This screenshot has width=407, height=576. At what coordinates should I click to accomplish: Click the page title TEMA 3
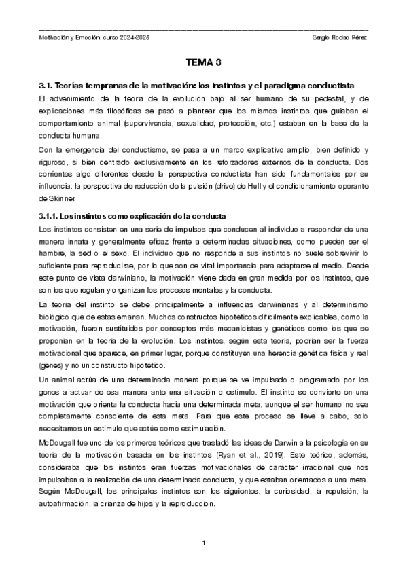(204, 63)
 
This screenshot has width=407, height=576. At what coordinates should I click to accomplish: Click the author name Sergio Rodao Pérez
(338, 38)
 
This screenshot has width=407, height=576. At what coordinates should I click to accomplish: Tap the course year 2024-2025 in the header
(135, 38)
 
